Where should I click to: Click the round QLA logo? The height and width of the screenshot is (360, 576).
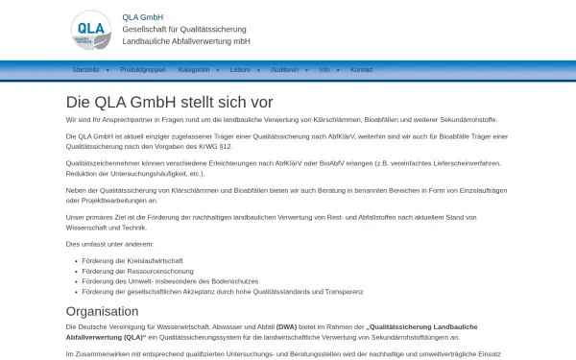91,30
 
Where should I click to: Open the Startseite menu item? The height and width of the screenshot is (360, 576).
85,70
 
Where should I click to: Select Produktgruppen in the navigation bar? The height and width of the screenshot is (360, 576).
143,70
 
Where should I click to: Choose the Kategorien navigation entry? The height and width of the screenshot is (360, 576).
194,70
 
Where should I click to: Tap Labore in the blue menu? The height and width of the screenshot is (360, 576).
240,70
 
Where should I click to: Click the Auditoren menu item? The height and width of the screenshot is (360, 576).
285,70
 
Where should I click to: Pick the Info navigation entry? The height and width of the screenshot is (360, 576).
324,70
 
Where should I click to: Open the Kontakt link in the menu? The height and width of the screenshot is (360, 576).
361,70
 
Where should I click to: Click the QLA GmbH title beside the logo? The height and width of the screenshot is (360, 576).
143,16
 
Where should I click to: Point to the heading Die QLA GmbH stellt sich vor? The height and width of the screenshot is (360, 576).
169,102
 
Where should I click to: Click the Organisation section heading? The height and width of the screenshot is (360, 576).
102,311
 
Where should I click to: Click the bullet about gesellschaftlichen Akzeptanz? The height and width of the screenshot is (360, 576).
222,291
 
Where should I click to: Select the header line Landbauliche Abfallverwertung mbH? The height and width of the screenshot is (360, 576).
186,41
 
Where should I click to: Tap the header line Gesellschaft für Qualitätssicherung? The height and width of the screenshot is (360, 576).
184,29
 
